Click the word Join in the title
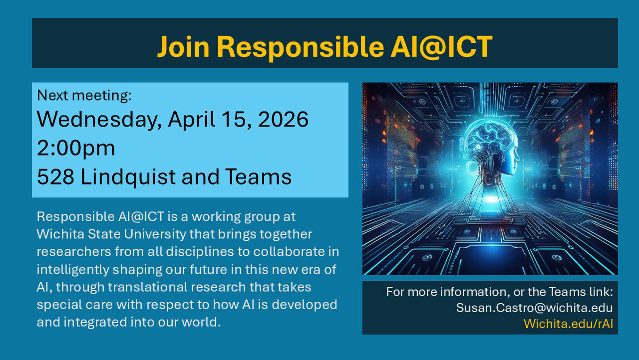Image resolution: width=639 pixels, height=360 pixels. point(183,47)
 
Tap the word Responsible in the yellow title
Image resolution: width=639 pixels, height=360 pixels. point(301,47)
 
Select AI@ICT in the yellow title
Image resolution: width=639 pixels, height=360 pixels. point(442,47)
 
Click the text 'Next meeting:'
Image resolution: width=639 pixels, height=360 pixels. point(84,95)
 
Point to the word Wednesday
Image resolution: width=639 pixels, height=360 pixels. point(97,119)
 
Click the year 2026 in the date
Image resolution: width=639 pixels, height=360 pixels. point(283,119)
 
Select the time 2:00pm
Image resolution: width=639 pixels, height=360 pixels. point(76,148)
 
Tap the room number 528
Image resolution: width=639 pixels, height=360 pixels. point(55,177)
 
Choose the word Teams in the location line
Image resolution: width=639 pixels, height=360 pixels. point(259,176)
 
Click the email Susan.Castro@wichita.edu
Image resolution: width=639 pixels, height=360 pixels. point(534,307)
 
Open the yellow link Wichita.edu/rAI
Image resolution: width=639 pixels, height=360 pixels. point(568,323)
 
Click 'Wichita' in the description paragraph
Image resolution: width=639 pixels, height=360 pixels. point(60,234)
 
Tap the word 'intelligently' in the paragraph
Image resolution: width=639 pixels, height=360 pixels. point(73,270)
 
